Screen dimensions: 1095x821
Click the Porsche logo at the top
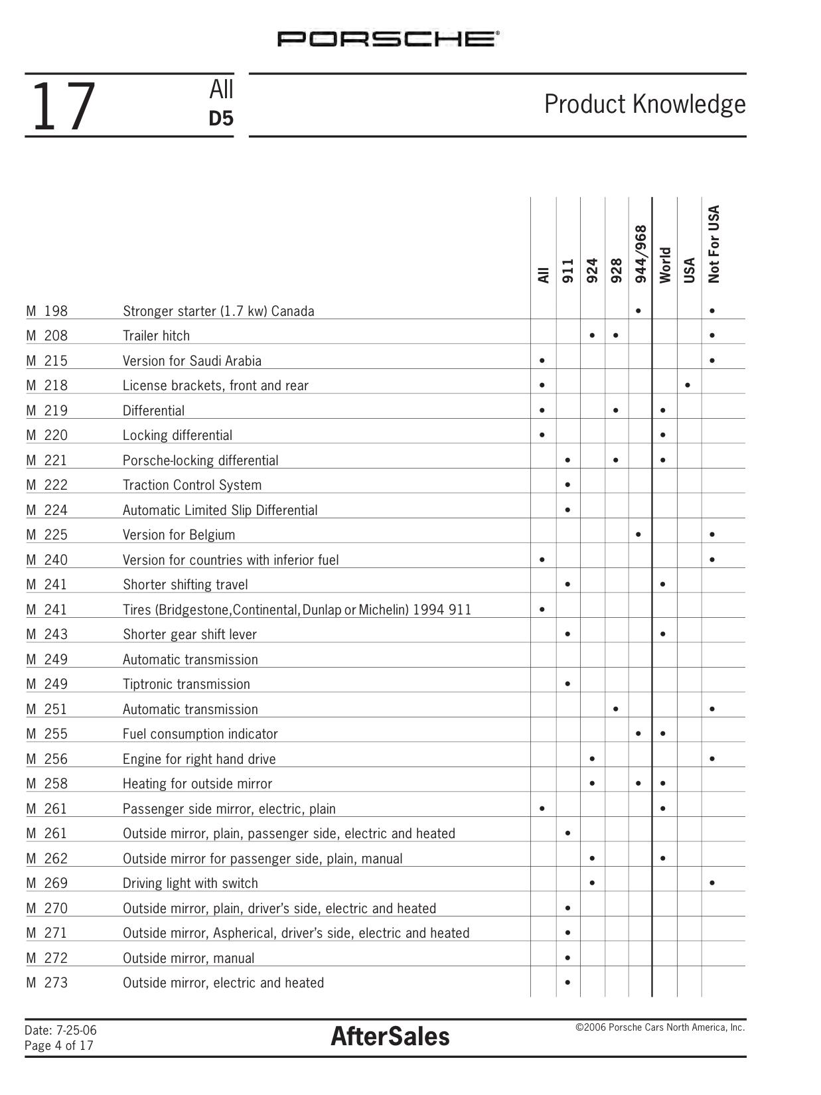[x=388, y=39]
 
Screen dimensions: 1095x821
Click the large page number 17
[x=63, y=106]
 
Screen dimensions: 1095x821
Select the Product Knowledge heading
[x=644, y=104]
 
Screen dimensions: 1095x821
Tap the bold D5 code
[x=221, y=119]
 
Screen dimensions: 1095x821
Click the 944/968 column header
[x=640, y=254]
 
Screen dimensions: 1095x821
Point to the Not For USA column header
[x=713, y=244]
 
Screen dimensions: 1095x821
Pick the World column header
[x=665, y=265]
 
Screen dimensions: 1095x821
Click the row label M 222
[x=46, y=485]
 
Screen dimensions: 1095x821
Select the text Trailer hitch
[x=156, y=336]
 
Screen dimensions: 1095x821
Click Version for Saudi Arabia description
[x=192, y=361]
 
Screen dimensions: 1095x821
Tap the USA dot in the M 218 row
[x=688, y=385]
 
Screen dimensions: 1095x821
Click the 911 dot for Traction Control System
[x=567, y=485]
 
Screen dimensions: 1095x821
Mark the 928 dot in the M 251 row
[x=616, y=709]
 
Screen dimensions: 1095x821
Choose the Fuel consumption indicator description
[x=200, y=734]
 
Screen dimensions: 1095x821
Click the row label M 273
[x=46, y=983]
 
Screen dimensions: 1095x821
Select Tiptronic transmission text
[x=186, y=684]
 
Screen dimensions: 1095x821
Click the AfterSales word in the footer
[x=390, y=1037]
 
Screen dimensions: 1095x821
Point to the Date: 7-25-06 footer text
[x=60, y=1031]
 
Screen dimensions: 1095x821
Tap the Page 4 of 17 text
[x=59, y=1046]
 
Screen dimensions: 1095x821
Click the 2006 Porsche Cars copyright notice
[x=660, y=1027]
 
